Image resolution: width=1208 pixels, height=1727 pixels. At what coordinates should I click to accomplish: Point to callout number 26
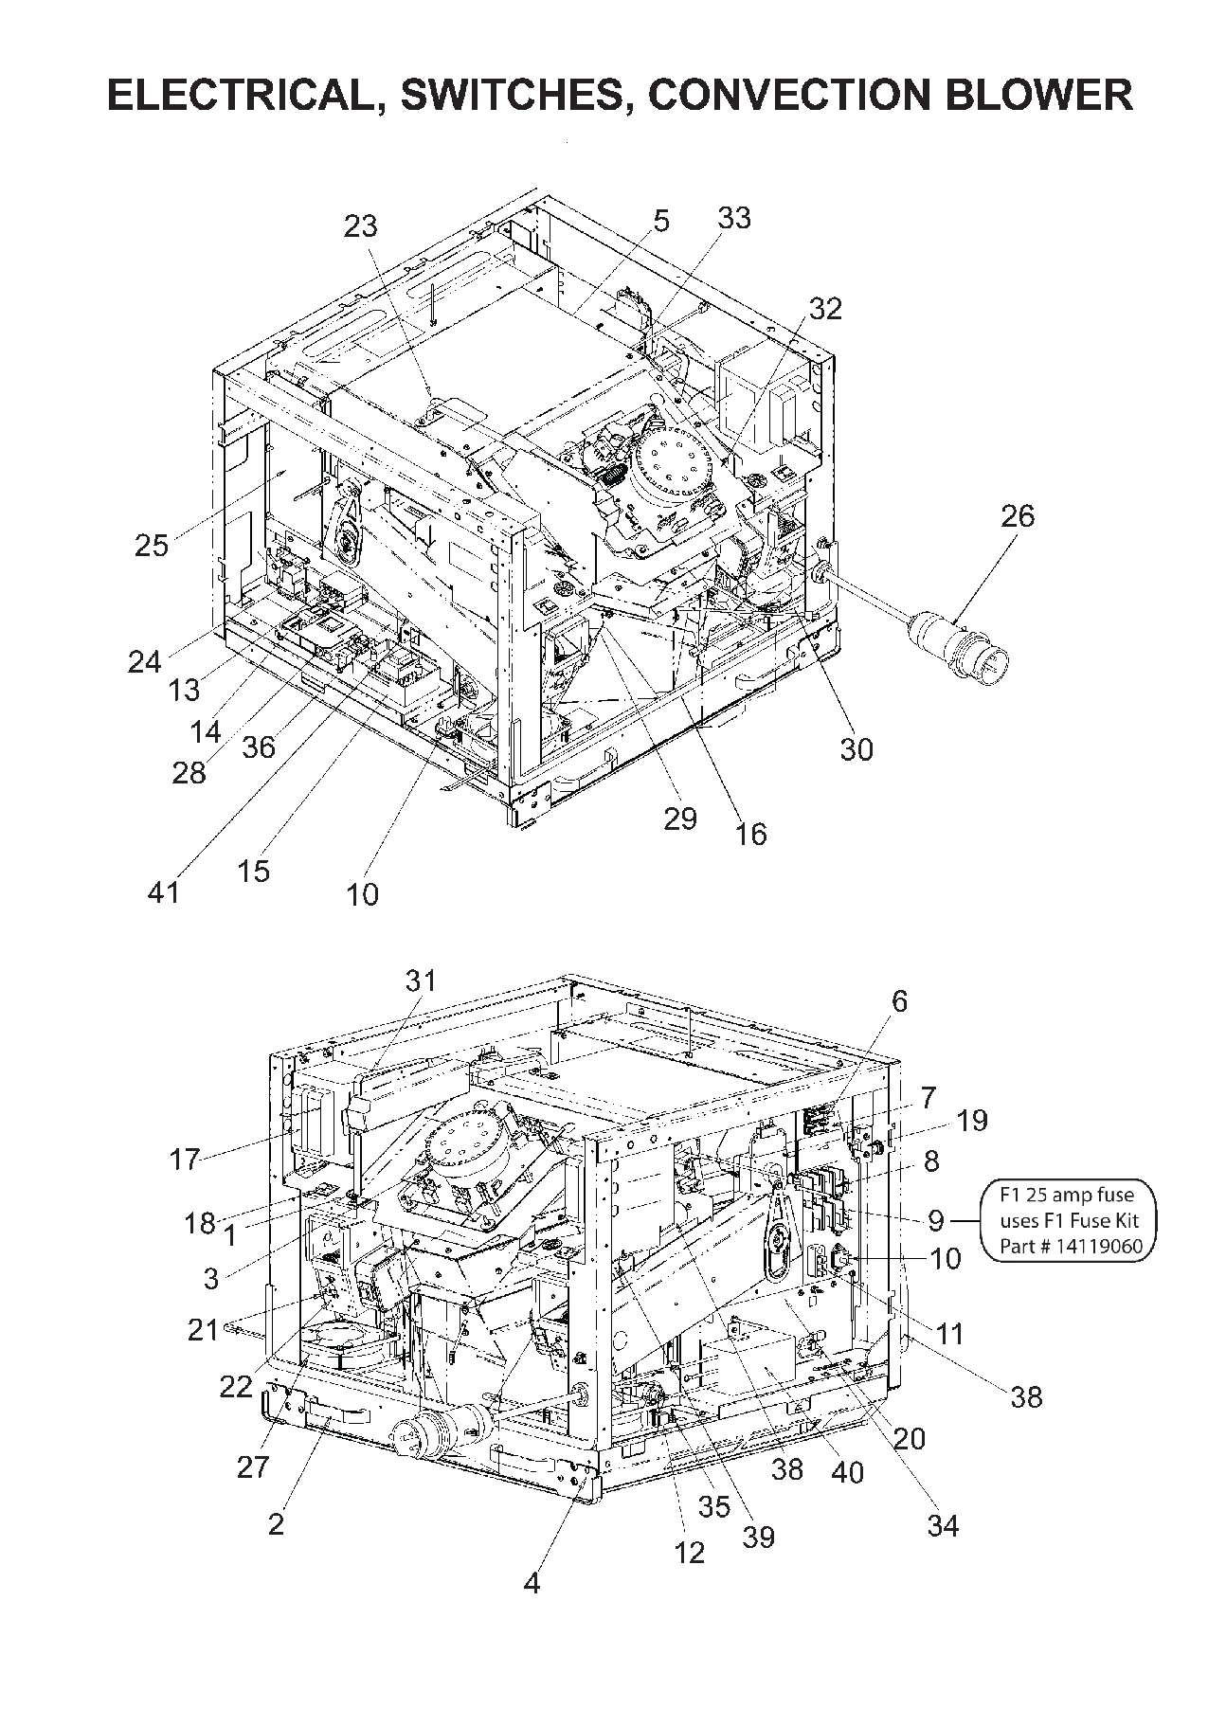(1018, 516)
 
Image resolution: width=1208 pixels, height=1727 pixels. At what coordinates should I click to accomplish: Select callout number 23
(360, 226)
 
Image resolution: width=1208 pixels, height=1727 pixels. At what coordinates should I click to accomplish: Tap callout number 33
(733, 218)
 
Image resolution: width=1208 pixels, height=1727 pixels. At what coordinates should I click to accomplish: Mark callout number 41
(164, 891)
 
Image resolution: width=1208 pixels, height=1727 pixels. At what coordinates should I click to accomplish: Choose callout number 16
(750, 834)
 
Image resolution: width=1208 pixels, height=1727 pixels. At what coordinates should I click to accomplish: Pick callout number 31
(422, 980)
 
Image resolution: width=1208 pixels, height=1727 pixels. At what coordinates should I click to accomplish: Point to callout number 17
(186, 1159)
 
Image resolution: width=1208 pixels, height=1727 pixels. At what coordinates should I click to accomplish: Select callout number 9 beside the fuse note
(936, 1220)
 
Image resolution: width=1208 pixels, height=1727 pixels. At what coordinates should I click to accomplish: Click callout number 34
(944, 1525)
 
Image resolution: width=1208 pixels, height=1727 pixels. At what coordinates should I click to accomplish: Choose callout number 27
(254, 1466)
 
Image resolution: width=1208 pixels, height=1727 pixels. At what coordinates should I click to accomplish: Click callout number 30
(856, 749)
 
